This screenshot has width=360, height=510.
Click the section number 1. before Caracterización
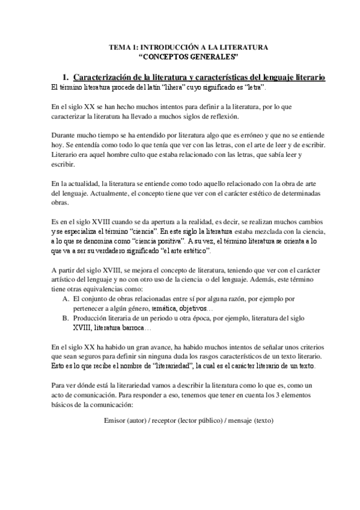66,78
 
